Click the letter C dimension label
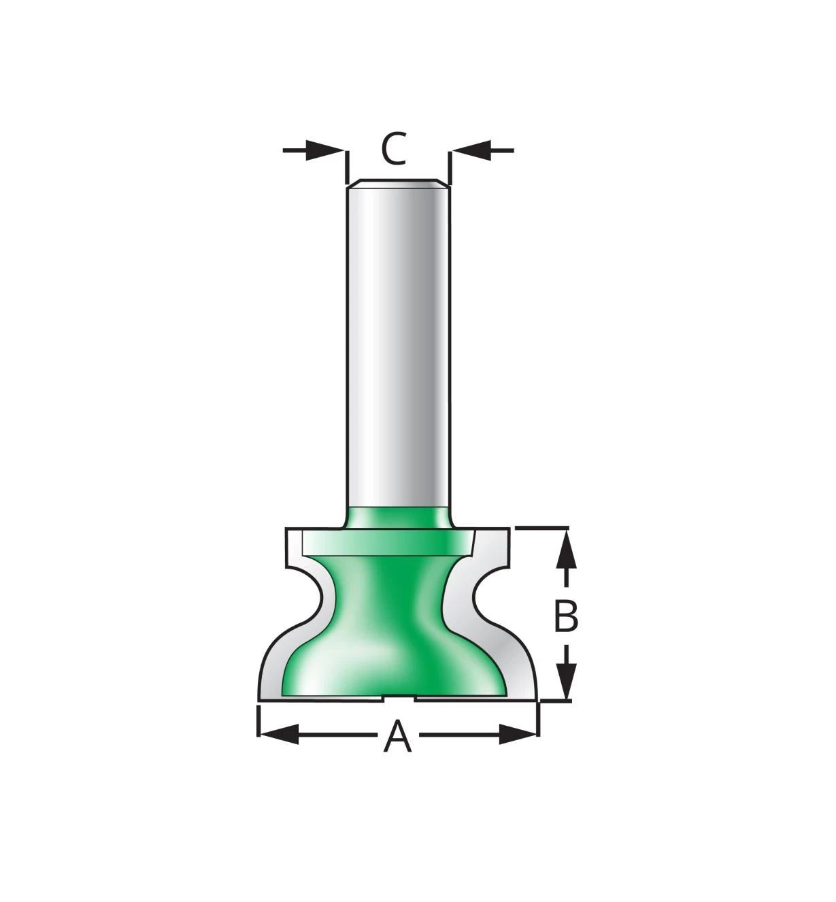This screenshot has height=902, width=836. coord(393,148)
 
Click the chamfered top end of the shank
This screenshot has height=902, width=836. coord(399,182)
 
